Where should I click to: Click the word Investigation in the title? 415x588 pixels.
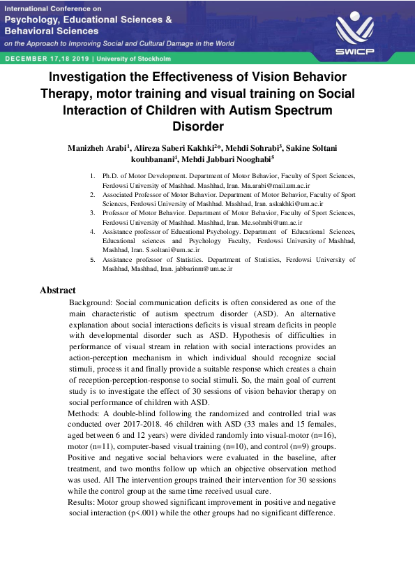point(94,76)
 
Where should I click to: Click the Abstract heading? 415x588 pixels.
point(58,290)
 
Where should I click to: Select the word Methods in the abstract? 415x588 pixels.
point(83,413)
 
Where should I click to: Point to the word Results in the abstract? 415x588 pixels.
point(82,502)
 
